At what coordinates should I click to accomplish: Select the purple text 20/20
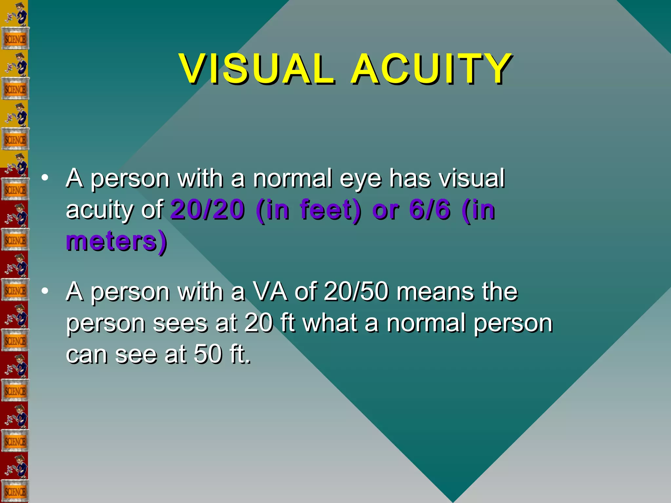pyautogui.click(x=208, y=210)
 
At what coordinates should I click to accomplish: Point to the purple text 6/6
pyautogui.click(x=430, y=210)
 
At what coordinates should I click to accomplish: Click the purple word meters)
pyautogui.click(x=117, y=241)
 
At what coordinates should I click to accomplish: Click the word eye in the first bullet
pyautogui.click(x=361, y=179)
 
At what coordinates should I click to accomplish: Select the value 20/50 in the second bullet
pyautogui.click(x=356, y=291)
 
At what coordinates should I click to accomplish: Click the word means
pyautogui.click(x=435, y=291)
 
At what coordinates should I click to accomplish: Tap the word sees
pyautogui.click(x=180, y=324)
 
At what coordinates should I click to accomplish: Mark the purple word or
pyautogui.click(x=386, y=210)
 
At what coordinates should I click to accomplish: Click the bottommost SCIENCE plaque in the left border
pyautogui.click(x=15, y=492)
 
